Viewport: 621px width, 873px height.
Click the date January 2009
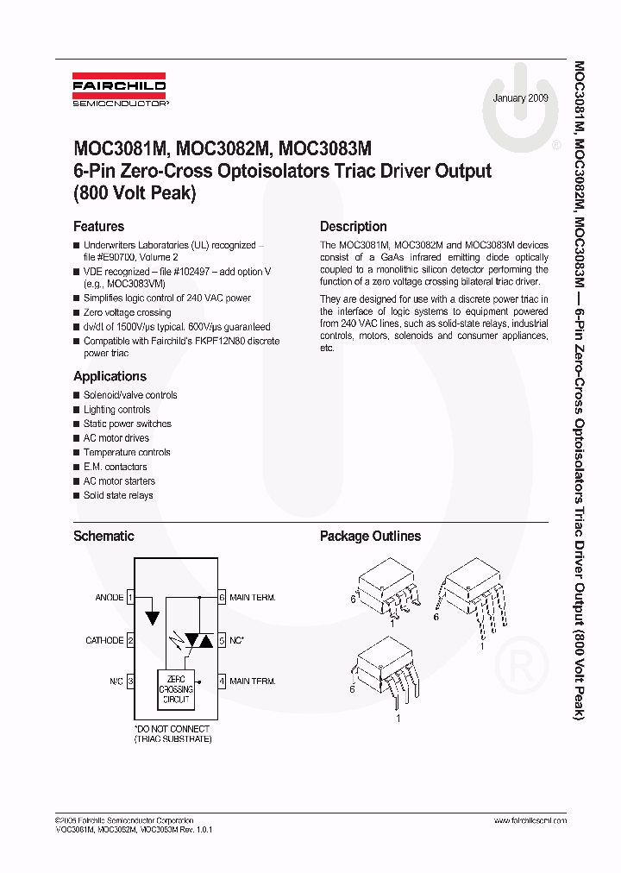[x=521, y=98]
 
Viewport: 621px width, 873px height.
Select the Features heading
[x=98, y=227]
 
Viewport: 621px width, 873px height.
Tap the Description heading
[x=353, y=227]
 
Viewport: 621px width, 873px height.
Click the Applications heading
[x=110, y=376]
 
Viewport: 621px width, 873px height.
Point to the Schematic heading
[x=103, y=536]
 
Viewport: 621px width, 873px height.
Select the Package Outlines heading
[x=370, y=536]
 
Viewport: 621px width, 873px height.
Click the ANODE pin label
[x=109, y=597]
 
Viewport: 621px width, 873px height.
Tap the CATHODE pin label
[x=104, y=640]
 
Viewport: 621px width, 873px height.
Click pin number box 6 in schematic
[x=222, y=597]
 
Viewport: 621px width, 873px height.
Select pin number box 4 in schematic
[x=222, y=681]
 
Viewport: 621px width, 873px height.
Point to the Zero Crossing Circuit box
[x=176, y=688]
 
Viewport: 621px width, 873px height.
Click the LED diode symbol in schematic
[x=153, y=617]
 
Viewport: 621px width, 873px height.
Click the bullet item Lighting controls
[x=116, y=410]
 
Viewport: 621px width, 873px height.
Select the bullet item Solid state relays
[x=118, y=495]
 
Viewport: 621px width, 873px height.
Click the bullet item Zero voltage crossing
[x=127, y=312]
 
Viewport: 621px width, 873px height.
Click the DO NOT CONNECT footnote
[x=172, y=734]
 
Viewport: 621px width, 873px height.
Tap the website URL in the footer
[x=530, y=820]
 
